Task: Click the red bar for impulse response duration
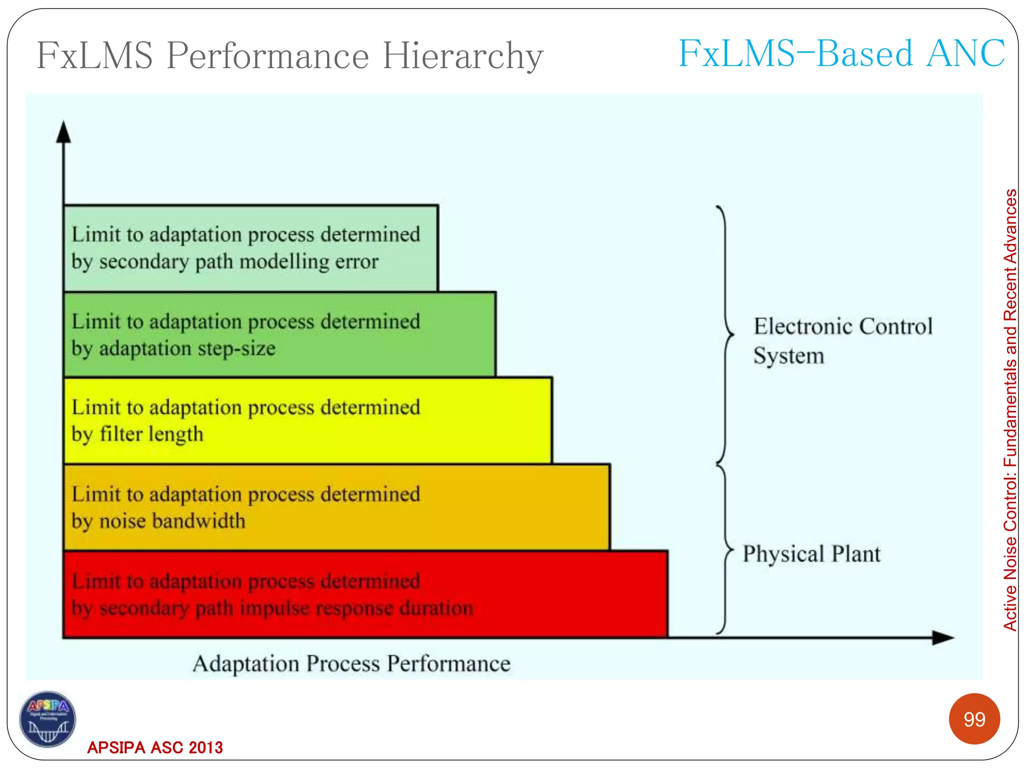tap(366, 594)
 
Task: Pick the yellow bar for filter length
tap(308, 421)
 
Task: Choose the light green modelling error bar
tap(250, 248)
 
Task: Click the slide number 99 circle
tap(974, 719)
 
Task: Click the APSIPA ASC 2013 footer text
tap(155, 747)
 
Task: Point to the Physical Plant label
tap(811, 554)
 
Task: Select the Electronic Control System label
tap(843, 340)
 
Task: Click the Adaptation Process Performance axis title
tap(352, 664)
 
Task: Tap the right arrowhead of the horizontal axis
tap(943, 638)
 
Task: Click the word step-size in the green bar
tap(237, 348)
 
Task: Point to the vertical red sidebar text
tap(1010, 410)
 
